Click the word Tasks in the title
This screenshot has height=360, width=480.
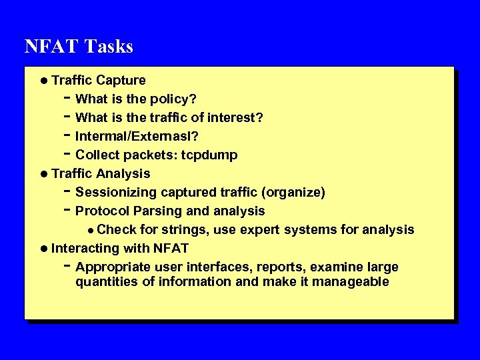[x=109, y=47]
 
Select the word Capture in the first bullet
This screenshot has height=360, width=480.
[x=121, y=81]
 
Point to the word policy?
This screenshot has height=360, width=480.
[x=173, y=99]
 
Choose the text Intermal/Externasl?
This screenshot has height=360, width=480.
[x=137, y=137]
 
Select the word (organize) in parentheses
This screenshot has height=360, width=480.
[x=294, y=193]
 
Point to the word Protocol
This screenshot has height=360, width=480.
[x=103, y=211]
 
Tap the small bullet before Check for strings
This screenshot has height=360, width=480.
[x=91, y=231]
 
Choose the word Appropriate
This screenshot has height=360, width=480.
[x=113, y=267]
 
